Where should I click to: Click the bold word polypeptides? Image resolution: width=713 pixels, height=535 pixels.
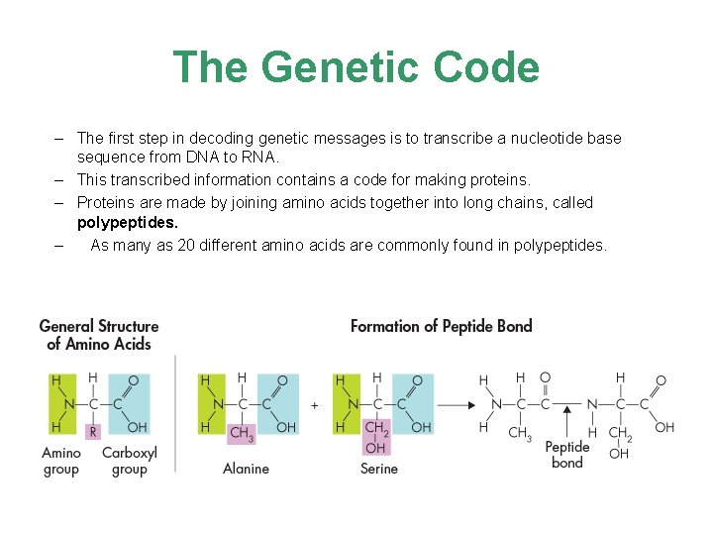click(128, 223)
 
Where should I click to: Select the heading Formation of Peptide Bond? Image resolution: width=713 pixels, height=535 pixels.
click(441, 326)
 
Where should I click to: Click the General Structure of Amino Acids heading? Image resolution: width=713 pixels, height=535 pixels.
click(99, 335)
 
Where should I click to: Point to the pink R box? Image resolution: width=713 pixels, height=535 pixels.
click(93, 431)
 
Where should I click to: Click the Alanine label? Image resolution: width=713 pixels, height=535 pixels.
click(246, 468)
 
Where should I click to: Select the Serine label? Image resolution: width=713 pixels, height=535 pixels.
click(379, 468)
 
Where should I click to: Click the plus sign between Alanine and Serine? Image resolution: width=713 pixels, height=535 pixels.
click(314, 405)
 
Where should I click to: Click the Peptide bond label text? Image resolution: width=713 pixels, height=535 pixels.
click(566, 455)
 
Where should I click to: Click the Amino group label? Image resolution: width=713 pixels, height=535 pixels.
click(61, 461)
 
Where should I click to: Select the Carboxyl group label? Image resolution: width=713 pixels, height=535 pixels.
click(129, 461)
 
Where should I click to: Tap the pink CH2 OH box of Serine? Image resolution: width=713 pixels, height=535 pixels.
click(376, 437)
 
